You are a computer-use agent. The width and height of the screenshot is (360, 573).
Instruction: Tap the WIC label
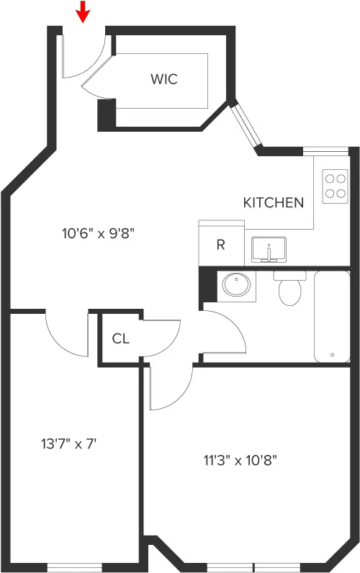163,79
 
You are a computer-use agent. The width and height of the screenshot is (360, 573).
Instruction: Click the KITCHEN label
273,202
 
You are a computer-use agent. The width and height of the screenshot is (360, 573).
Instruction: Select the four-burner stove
334,186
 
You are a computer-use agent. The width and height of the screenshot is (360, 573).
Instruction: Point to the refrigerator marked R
220,244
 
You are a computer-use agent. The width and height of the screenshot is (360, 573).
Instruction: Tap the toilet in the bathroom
290,288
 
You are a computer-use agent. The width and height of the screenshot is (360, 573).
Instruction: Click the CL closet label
120,338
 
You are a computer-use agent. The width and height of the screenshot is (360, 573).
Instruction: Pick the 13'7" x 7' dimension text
68,443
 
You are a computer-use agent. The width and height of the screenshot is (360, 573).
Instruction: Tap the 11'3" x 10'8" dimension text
240,460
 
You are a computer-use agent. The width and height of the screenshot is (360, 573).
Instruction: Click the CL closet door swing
162,338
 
